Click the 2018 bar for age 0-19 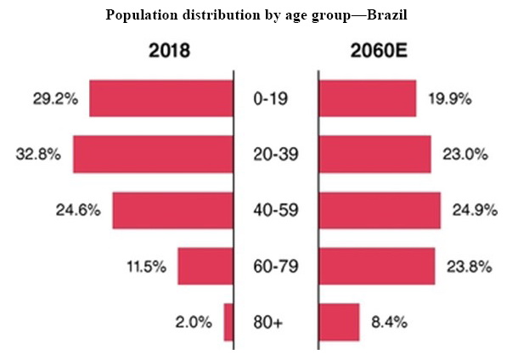(x=161, y=98)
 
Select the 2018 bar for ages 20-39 (x=153, y=155)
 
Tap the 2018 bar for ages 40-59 (x=172, y=210)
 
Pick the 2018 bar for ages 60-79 (x=205, y=266)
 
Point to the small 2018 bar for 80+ (x=228, y=322)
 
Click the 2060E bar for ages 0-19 (x=367, y=98)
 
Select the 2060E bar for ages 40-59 (x=379, y=210)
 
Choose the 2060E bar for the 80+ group (x=339, y=322)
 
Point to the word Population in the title (x=138, y=16)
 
